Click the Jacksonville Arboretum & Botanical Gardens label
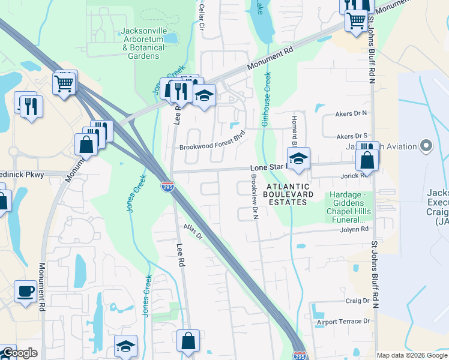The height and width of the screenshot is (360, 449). pos(143,43)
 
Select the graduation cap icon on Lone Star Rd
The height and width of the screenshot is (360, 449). pos(297,159)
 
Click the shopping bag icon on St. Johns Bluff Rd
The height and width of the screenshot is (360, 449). pos(366,160)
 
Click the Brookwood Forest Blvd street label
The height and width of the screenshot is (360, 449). pos(212,141)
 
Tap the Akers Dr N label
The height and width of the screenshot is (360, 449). pos(351,112)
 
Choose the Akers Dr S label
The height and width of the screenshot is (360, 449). pos(352,136)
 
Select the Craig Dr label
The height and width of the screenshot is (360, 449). pos(357,301)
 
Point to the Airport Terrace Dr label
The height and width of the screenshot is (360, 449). pos(343,322)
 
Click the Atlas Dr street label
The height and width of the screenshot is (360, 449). pos(193,231)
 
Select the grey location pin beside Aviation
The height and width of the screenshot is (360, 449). pos(426,146)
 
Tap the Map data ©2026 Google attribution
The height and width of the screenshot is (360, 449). pos(412,355)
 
